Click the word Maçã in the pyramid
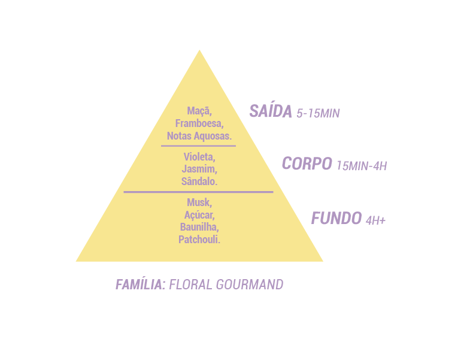(x=199, y=111)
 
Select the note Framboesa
(x=199, y=123)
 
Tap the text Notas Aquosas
(x=199, y=136)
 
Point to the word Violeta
(x=199, y=157)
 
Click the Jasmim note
(x=199, y=169)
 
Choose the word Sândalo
(x=199, y=181)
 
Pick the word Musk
(x=199, y=202)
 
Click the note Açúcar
(x=199, y=215)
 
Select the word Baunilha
(x=199, y=227)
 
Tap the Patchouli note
(x=199, y=240)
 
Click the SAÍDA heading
(x=271, y=111)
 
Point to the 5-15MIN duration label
(x=318, y=113)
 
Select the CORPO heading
(x=307, y=164)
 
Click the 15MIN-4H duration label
(x=362, y=166)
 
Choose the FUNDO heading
(x=336, y=218)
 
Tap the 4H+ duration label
(x=375, y=220)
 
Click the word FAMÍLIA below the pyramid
(x=140, y=285)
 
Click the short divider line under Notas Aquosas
(x=198, y=146)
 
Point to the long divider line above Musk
(x=198, y=192)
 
